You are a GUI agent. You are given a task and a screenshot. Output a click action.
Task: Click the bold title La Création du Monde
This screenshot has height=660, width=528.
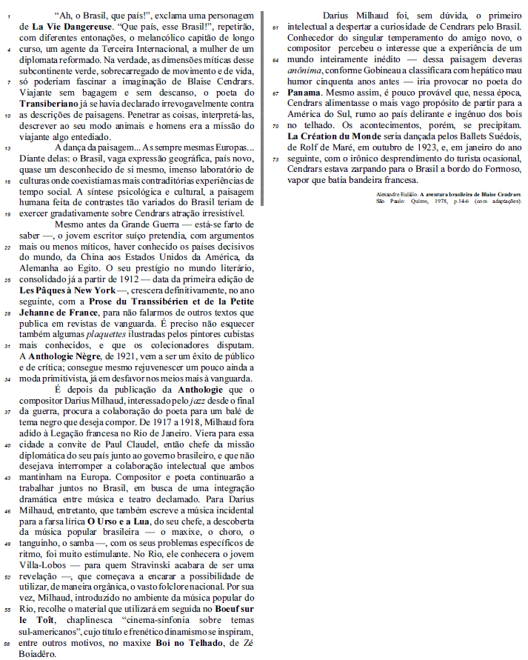(335, 136)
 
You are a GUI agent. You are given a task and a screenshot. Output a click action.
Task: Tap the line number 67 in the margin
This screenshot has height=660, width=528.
(275, 93)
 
